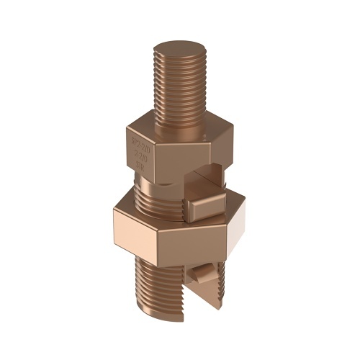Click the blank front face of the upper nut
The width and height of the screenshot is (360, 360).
[x=179, y=148]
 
